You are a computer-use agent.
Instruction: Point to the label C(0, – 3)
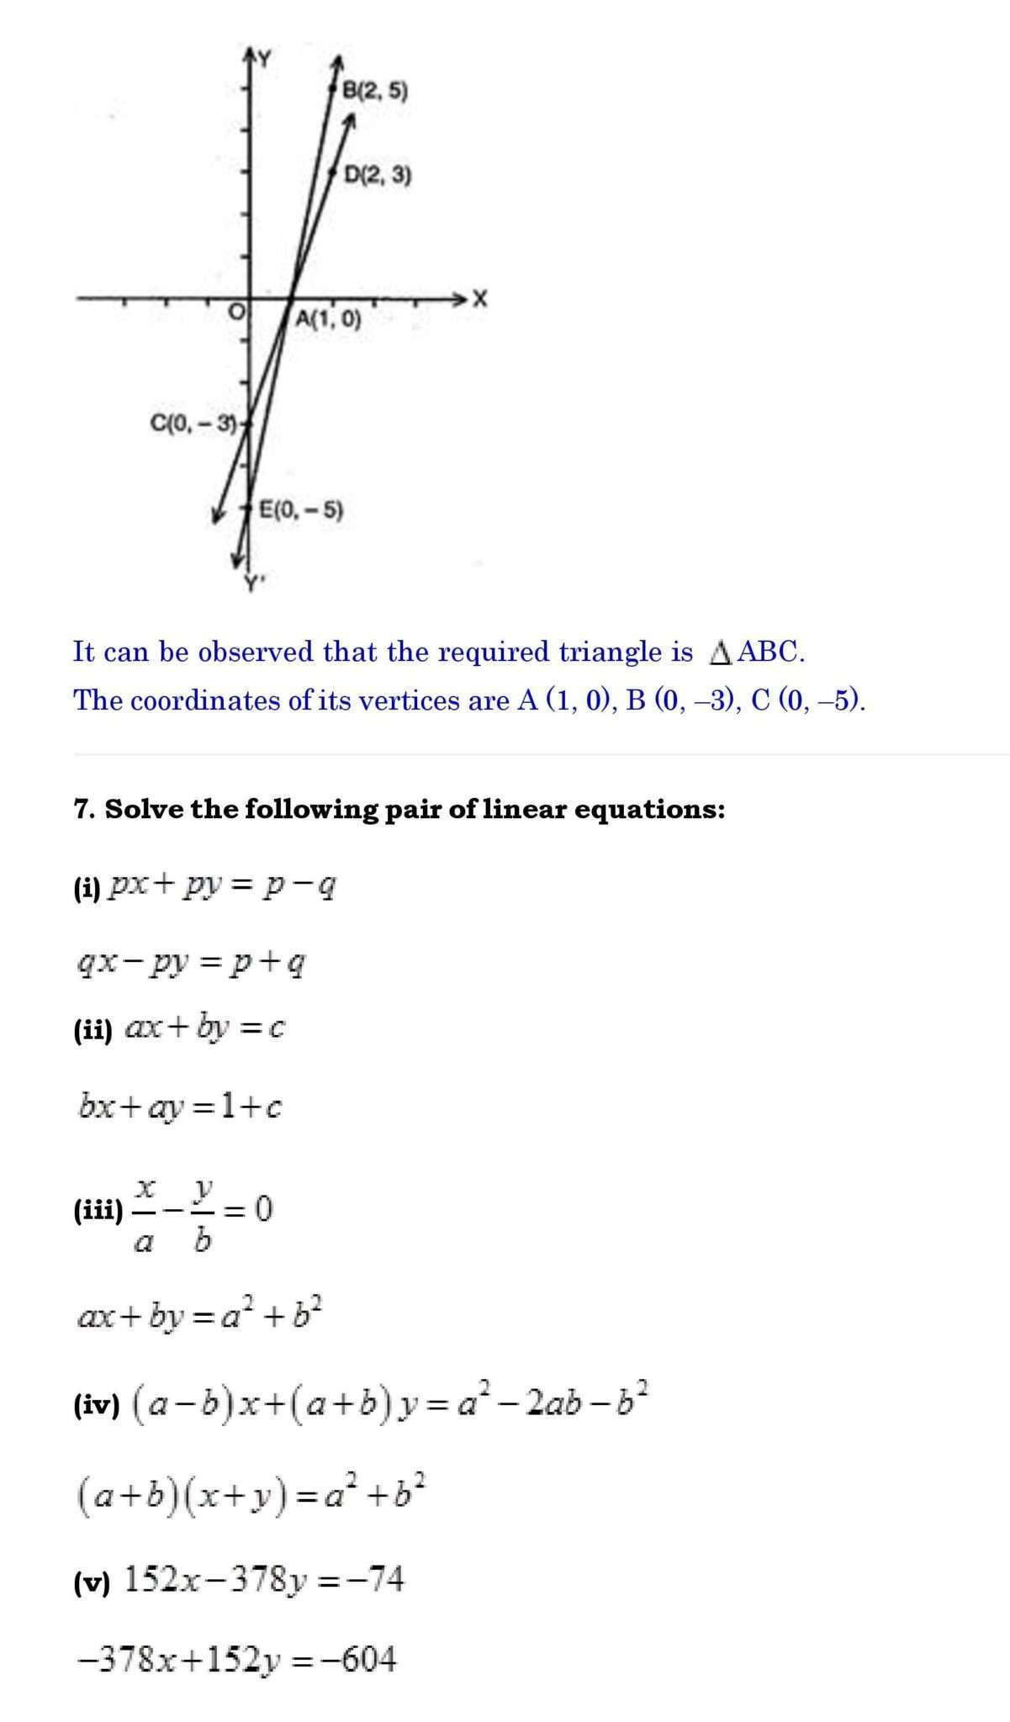193,423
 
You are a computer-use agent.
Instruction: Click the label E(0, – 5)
300,510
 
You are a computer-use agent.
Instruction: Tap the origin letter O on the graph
238,313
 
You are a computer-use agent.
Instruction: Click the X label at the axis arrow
479,298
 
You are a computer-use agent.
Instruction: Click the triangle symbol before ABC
720,653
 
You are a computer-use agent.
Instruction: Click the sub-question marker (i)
87,889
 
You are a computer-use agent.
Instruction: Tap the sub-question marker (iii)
98,1212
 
